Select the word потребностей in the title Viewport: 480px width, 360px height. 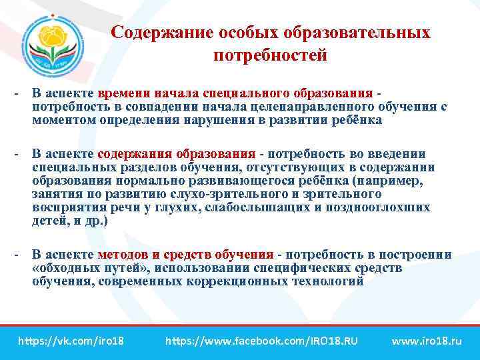[270, 55]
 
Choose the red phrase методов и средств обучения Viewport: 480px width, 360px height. [185, 254]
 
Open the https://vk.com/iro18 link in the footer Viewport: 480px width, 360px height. [71, 341]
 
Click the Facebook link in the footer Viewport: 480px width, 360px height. [262, 341]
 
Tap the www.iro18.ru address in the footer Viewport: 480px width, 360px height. [427, 341]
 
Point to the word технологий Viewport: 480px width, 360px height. [329, 281]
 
